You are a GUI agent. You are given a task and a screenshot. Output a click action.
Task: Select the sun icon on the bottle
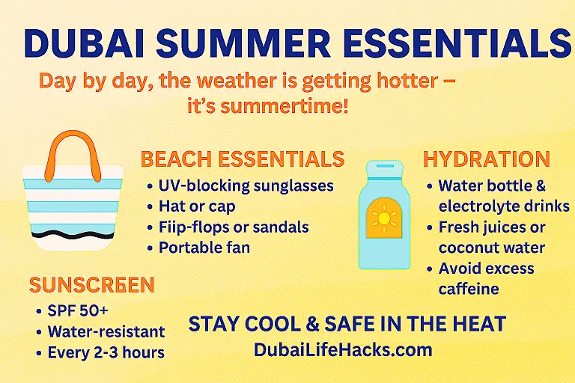pos(384,218)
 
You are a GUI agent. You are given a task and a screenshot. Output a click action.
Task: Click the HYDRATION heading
pos(487,159)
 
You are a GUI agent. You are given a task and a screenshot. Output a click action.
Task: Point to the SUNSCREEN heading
pos(91,285)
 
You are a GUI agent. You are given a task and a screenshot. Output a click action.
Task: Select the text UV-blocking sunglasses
pos(246,186)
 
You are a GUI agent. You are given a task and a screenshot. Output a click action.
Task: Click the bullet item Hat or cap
pos(197,206)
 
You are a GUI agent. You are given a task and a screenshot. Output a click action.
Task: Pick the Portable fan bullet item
pos(204,248)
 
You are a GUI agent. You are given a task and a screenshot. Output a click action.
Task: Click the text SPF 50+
pos(78,310)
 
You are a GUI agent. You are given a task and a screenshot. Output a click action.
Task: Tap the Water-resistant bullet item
pos(106,331)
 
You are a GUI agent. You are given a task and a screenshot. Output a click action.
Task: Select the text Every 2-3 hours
pos(106,352)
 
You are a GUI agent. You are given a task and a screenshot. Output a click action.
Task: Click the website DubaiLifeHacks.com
pos(343,349)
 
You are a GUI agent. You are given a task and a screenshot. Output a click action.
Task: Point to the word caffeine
pos(469,289)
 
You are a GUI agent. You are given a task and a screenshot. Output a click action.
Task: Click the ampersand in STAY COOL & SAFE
pos(312,325)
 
